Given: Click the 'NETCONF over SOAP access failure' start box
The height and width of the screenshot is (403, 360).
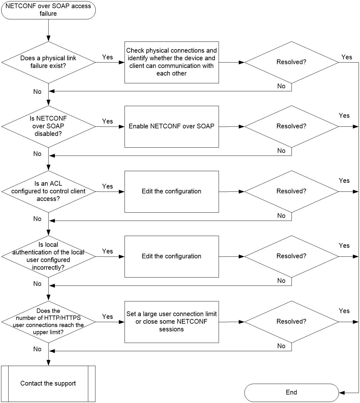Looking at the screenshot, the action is (x=48, y=10).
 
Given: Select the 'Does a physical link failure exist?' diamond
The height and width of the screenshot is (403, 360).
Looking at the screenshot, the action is (x=48, y=62).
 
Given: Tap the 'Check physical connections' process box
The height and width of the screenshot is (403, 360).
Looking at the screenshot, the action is (x=171, y=62).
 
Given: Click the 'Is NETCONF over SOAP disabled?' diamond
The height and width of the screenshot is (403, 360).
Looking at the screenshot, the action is (x=48, y=126).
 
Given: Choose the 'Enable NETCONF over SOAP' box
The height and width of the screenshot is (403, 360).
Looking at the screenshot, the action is (x=171, y=127).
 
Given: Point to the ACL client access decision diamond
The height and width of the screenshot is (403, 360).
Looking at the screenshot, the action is (x=48, y=192).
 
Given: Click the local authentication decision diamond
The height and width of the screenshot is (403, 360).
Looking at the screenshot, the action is (x=48, y=257).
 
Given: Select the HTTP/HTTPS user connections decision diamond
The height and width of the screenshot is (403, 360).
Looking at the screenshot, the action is (x=48, y=322).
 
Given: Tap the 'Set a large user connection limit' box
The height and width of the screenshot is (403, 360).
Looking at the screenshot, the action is (x=171, y=322).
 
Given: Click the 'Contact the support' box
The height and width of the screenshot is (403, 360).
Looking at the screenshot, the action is (x=48, y=384).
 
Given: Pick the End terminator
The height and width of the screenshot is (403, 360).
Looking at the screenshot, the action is (x=292, y=393).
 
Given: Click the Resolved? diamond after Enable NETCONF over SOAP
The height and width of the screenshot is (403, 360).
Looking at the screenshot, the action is (x=292, y=126).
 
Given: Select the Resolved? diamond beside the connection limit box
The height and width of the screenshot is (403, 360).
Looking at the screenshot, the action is (x=292, y=322).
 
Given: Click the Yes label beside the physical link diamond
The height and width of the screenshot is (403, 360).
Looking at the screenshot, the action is (x=107, y=57).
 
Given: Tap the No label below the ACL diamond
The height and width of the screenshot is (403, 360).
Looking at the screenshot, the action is (x=37, y=219).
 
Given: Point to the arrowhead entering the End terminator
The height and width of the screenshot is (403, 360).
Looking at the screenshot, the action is (x=342, y=393).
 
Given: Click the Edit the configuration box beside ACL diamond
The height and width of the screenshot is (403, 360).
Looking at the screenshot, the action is (x=171, y=192).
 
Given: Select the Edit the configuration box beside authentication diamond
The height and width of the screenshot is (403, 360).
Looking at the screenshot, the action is (x=171, y=257).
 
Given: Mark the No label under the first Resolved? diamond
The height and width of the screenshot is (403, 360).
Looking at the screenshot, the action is (x=281, y=86).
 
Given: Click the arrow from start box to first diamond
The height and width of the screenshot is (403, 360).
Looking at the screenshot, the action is (x=48, y=30).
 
